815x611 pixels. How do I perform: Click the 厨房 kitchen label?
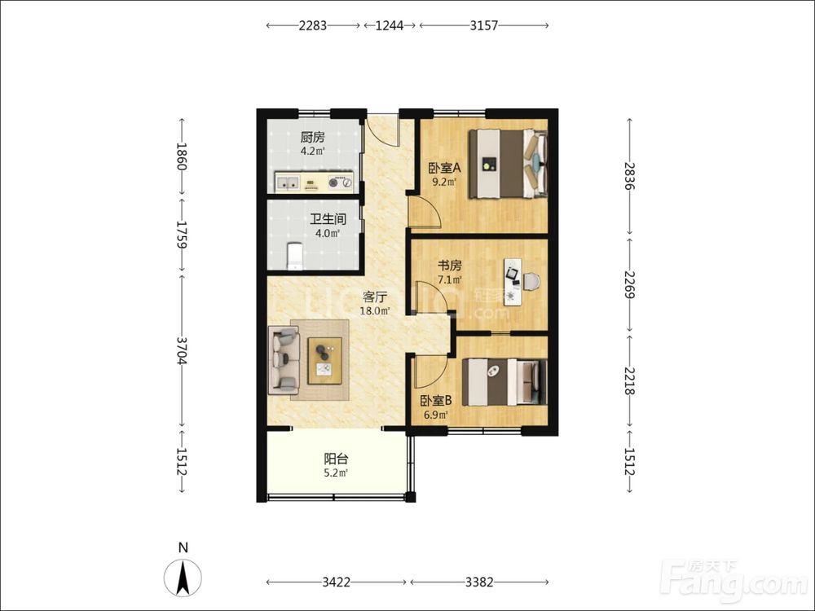[x=312, y=138]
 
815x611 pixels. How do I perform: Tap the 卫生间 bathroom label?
[x=328, y=219]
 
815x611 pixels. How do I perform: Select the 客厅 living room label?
[x=375, y=297]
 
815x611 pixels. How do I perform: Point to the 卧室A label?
[x=444, y=168]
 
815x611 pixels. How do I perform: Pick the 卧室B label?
[x=435, y=401]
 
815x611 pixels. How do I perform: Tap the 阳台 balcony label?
[x=336, y=459]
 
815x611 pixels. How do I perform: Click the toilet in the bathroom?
[x=295, y=256]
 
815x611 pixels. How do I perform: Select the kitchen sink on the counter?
[x=288, y=182]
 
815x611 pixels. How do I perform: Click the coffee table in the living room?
[x=325, y=361]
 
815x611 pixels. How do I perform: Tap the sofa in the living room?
[x=284, y=360]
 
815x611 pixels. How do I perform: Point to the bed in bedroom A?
[x=509, y=164]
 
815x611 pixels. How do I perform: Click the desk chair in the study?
[x=531, y=282]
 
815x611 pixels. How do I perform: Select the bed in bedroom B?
[x=504, y=382]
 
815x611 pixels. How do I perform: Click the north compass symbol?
[x=183, y=578]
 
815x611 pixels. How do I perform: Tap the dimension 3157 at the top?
[x=484, y=25]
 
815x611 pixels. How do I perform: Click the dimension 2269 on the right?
[x=629, y=284]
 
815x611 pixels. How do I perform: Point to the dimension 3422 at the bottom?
[x=337, y=582]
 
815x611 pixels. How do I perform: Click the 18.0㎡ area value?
[x=375, y=311]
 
